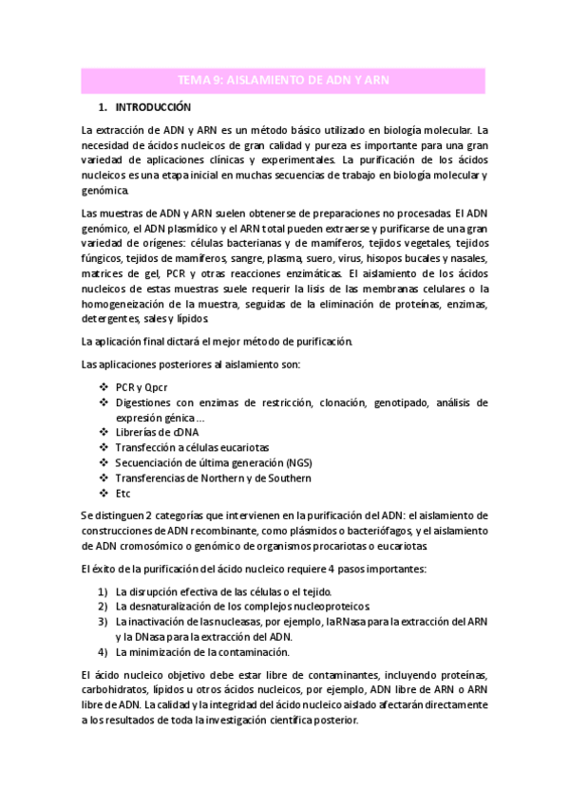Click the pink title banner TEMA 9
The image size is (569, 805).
285,82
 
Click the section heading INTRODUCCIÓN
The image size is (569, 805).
153,108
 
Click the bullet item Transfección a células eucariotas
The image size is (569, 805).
192,447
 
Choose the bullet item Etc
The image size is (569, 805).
123,494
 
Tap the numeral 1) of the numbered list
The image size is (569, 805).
102,591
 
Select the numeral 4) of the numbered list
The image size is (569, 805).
102,652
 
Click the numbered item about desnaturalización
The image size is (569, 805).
243,607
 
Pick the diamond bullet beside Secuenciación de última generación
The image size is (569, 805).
103,462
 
